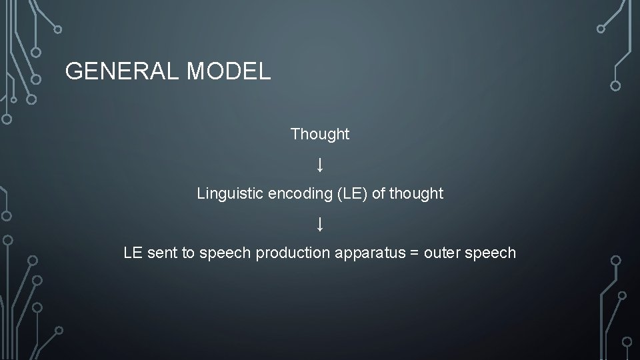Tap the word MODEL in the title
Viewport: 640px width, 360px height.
(x=229, y=71)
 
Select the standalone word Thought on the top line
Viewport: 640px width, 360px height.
(x=320, y=134)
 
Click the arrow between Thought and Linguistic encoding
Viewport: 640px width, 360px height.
(x=320, y=164)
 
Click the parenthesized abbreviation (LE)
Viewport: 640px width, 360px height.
(x=353, y=194)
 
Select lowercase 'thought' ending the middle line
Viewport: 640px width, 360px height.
(x=417, y=194)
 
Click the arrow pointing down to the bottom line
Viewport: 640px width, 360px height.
(x=320, y=223)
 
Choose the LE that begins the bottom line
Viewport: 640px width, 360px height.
(x=133, y=253)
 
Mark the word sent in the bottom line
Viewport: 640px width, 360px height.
(x=161, y=253)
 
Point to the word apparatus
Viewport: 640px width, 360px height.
(x=361, y=253)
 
